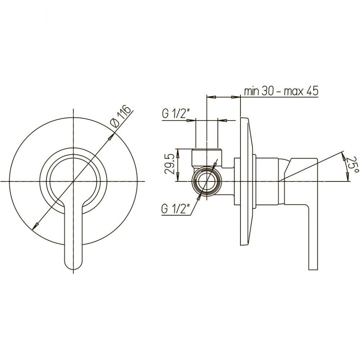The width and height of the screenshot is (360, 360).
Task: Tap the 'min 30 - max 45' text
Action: pyautogui.click(x=281, y=91)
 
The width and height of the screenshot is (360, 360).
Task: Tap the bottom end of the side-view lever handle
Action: pyautogui.click(x=313, y=269)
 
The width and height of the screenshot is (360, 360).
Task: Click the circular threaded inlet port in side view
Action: pyautogui.click(x=207, y=181)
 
